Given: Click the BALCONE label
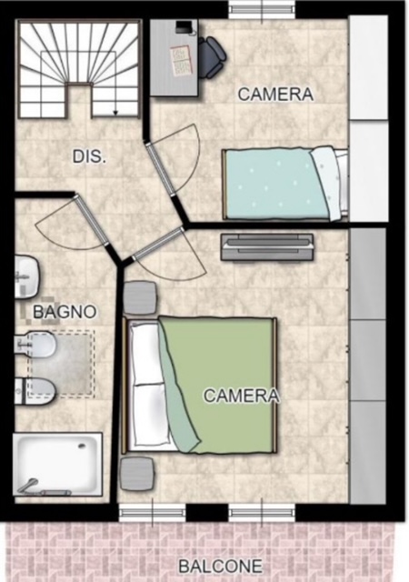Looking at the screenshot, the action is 220,567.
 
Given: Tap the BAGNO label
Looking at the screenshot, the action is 65,312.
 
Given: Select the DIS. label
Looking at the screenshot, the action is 89,156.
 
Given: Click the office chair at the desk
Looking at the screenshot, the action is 212,57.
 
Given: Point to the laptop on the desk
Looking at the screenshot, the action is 185,27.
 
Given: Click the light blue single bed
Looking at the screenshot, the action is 284,184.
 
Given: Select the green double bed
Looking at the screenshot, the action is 200,385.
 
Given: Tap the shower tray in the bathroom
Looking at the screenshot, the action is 58,464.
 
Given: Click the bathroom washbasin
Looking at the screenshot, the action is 26,276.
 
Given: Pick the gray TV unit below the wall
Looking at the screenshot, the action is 267,246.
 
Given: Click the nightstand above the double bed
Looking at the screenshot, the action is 140,297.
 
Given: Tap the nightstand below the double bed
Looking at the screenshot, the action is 137,474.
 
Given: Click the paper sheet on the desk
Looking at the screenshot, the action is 181,61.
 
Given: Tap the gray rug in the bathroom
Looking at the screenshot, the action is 61,364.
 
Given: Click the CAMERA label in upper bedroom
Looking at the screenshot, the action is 275,95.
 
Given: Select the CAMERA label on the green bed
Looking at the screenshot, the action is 241,396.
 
